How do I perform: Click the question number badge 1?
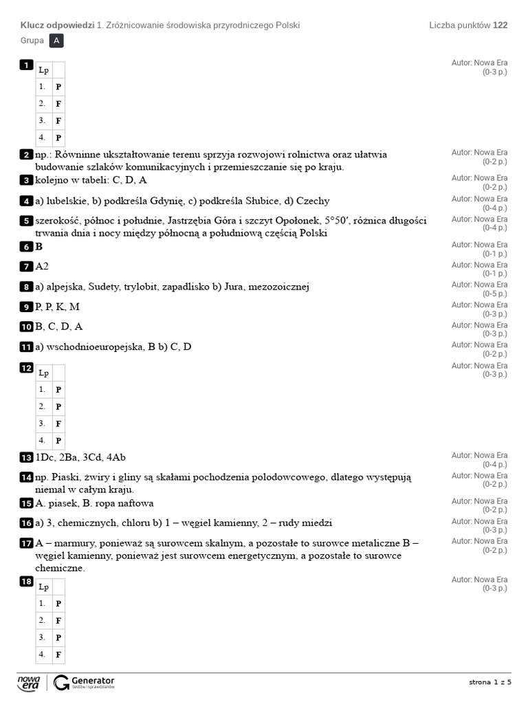(x=26, y=65)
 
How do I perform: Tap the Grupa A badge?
(x=57, y=41)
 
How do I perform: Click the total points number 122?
(x=500, y=25)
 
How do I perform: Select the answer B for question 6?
(x=38, y=247)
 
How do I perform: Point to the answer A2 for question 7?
(x=42, y=267)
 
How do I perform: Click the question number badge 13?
(x=26, y=458)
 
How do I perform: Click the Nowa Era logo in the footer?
(x=29, y=682)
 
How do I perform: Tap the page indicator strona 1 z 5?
(x=490, y=682)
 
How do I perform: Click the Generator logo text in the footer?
(x=93, y=680)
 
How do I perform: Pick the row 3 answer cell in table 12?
(x=58, y=423)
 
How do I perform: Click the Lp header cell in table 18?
(x=44, y=586)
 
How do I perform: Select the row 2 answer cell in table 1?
(x=58, y=104)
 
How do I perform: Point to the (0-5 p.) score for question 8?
(x=494, y=294)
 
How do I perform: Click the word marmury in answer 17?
(x=72, y=543)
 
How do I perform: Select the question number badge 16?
(x=26, y=523)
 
